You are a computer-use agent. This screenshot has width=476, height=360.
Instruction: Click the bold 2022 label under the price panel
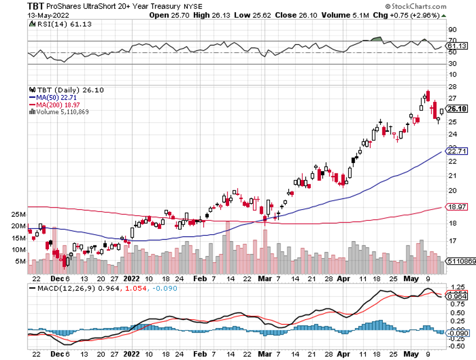click(x=132, y=279)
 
